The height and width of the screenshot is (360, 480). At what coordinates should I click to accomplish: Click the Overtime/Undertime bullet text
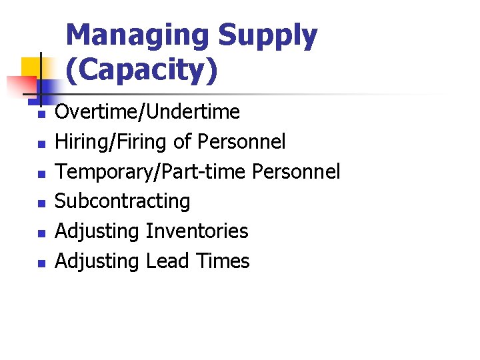(x=147, y=111)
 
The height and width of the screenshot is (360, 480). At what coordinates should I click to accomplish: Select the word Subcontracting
(x=122, y=201)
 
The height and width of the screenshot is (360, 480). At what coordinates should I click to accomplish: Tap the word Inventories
(x=197, y=231)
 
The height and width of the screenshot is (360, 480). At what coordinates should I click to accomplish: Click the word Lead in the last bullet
(x=169, y=261)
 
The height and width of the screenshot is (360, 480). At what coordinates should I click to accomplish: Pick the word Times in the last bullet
(x=223, y=261)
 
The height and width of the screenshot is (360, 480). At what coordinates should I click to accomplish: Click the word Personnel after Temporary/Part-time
(x=296, y=171)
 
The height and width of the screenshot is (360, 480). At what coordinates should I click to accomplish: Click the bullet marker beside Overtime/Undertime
(x=41, y=115)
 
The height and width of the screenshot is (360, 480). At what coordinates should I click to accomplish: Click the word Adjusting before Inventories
(x=97, y=231)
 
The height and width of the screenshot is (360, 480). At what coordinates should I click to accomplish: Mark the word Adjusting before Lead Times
(x=97, y=261)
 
